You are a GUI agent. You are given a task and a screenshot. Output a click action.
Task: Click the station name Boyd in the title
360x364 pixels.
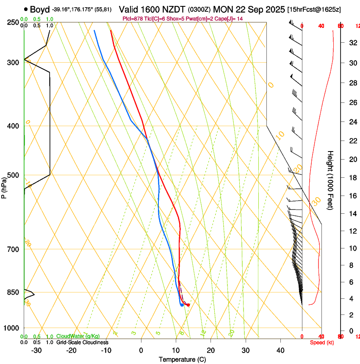pyautogui.click(x=40, y=9)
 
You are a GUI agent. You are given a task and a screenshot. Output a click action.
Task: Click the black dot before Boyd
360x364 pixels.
pyautogui.click(x=26, y=9)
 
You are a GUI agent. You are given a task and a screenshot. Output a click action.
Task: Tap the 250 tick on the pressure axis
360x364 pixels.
pyautogui.click(x=13, y=22)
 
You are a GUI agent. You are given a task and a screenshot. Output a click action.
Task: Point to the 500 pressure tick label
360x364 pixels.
pyautogui.click(x=13, y=175)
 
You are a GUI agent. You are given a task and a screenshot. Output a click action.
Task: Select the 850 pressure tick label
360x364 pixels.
pyautogui.click(x=13, y=292)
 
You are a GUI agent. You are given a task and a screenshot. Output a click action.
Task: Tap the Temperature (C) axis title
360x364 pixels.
pyautogui.click(x=182, y=360)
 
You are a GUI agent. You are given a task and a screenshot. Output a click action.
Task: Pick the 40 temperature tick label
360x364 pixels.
pyautogui.click(x=280, y=350)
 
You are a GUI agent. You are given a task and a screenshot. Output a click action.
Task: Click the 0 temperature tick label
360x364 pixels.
pyautogui.click(x=141, y=350)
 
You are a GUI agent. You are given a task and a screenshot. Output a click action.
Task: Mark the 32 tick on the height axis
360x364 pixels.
pyautogui.click(x=352, y=43)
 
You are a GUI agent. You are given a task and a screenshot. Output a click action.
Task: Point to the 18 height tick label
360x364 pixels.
pyautogui.click(x=352, y=178)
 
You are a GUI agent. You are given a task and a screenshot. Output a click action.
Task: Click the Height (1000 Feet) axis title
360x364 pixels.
pyautogui.click(x=330, y=180)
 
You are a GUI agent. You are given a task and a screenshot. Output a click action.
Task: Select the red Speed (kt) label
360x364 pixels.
pyautogui.click(x=322, y=342)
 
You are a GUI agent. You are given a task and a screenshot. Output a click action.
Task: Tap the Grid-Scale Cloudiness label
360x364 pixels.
pyautogui.click(x=82, y=342)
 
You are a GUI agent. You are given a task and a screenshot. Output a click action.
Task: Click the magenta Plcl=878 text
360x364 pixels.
pyautogui.click(x=133, y=19)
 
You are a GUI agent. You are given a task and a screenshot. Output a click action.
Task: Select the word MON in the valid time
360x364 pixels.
pyautogui.click(x=223, y=9)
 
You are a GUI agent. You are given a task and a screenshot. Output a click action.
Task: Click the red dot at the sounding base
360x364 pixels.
pyautogui.click(x=188, y=305)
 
